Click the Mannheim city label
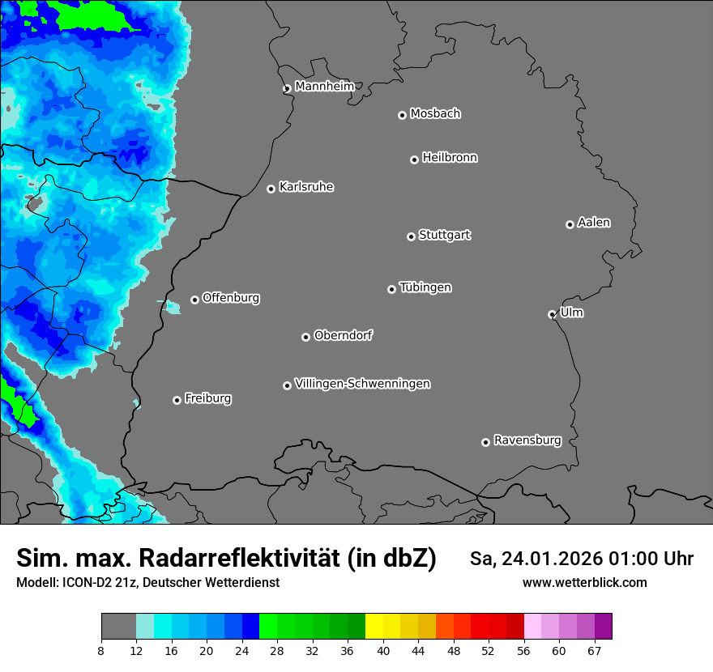[324, 87]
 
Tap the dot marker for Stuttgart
[411, 236]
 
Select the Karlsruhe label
[306, 187]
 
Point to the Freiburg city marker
[177, 400]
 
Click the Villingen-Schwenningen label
[362, 384]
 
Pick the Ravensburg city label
[527, 440]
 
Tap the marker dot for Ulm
[552, 314]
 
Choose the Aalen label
[594, 223]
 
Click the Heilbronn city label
[450, 158]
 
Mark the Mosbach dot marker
[402, 115]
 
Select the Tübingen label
[425, 287]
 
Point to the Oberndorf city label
[343, 335]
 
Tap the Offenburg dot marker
[194, 300]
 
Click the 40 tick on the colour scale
[382, 650]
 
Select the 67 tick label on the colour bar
[595, 650]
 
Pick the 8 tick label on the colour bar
[100, 650]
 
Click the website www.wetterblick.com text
[584, 582]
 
